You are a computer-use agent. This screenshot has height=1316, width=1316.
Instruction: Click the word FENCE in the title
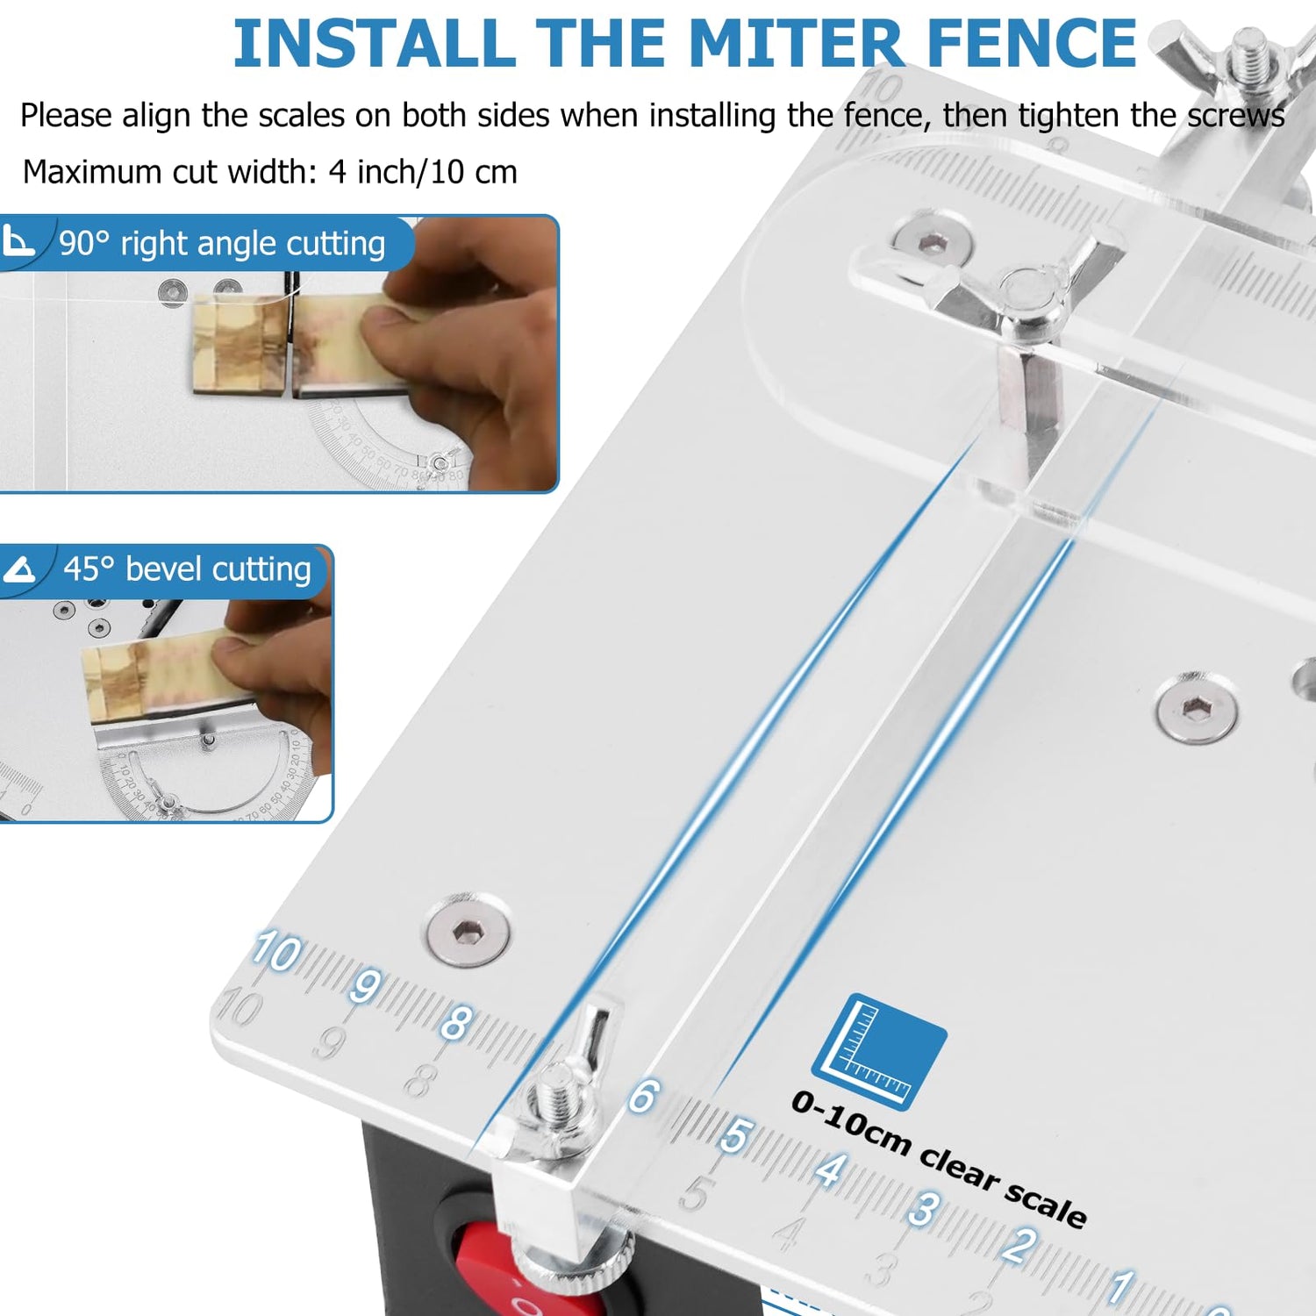[1032, 44]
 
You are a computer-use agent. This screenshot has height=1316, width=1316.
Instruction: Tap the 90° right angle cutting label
[221, 244]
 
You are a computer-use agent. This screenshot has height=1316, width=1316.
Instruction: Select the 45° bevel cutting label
[186, 569]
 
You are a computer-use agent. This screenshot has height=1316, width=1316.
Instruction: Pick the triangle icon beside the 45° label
[19, 570]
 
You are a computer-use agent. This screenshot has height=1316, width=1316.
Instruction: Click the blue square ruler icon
[879, 1051]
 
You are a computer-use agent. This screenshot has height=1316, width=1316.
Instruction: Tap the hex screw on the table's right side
[1196, 707]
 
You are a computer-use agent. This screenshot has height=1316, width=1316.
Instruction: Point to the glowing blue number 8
[456, 1023]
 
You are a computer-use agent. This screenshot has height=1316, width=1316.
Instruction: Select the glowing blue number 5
[735, 1135]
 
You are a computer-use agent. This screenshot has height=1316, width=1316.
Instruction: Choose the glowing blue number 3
[923, 1209]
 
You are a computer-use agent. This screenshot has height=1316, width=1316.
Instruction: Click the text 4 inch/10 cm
[423, 172]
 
